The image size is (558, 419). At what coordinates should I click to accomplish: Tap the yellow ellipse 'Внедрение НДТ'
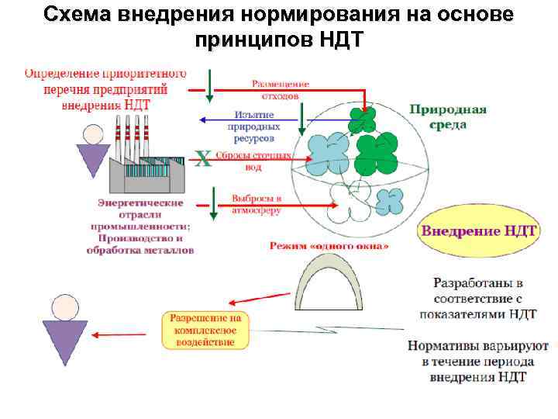[478, 231]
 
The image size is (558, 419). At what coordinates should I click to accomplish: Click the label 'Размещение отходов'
[280, 89]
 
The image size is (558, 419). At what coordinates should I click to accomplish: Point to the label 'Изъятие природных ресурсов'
[251, 126]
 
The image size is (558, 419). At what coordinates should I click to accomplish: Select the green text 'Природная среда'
[448, 116]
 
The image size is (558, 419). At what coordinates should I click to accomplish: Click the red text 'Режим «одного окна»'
[329, 246]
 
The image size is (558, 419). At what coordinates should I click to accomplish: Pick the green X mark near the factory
[202, 159]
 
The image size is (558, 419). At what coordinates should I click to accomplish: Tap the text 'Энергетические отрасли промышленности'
[139, 214]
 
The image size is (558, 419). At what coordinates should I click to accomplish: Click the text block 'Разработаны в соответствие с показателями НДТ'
[477, 296]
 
